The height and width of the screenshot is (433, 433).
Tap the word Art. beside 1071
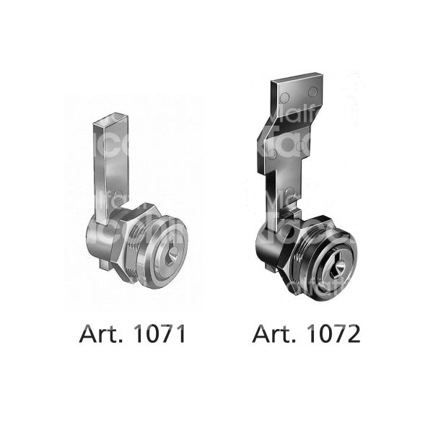100,335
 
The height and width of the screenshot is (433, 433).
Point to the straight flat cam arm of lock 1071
103,166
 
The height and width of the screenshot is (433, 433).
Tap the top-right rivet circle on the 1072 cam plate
312,92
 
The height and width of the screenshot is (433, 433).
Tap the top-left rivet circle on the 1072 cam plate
284,97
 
